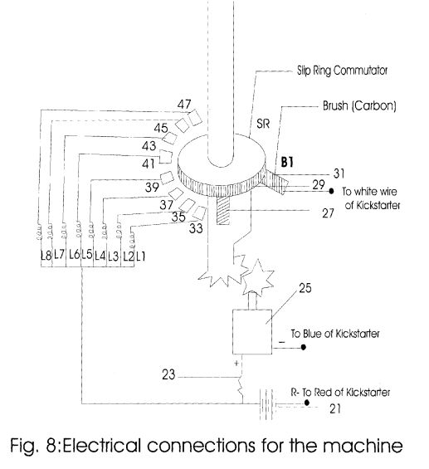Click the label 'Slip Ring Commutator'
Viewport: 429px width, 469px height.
(342, 71)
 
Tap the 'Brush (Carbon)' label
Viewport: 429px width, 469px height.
(359, 106)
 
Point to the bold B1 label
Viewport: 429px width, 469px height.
(287, 162)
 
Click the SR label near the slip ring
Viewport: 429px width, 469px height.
(263, 124)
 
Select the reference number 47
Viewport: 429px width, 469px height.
(184, 105)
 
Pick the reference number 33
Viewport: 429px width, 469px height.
(196, 228)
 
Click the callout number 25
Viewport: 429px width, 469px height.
(305, 288)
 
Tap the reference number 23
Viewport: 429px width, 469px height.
(168, 374)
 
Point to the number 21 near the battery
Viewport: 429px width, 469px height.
(335, 408)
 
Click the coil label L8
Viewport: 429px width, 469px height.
(46, 256)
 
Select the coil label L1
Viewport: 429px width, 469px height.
(140, 256)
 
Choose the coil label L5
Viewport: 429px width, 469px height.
(87, 255)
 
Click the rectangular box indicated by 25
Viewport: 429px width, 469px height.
(252, 332)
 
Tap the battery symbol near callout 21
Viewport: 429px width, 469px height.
(266, 404)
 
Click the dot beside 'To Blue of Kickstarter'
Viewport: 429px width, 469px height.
(303, 347)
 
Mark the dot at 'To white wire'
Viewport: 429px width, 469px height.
(331, 191)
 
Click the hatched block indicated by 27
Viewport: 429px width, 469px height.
(223, 210)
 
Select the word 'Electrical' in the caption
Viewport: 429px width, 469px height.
(101, 446)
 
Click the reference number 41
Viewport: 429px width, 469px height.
(149, 164)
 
